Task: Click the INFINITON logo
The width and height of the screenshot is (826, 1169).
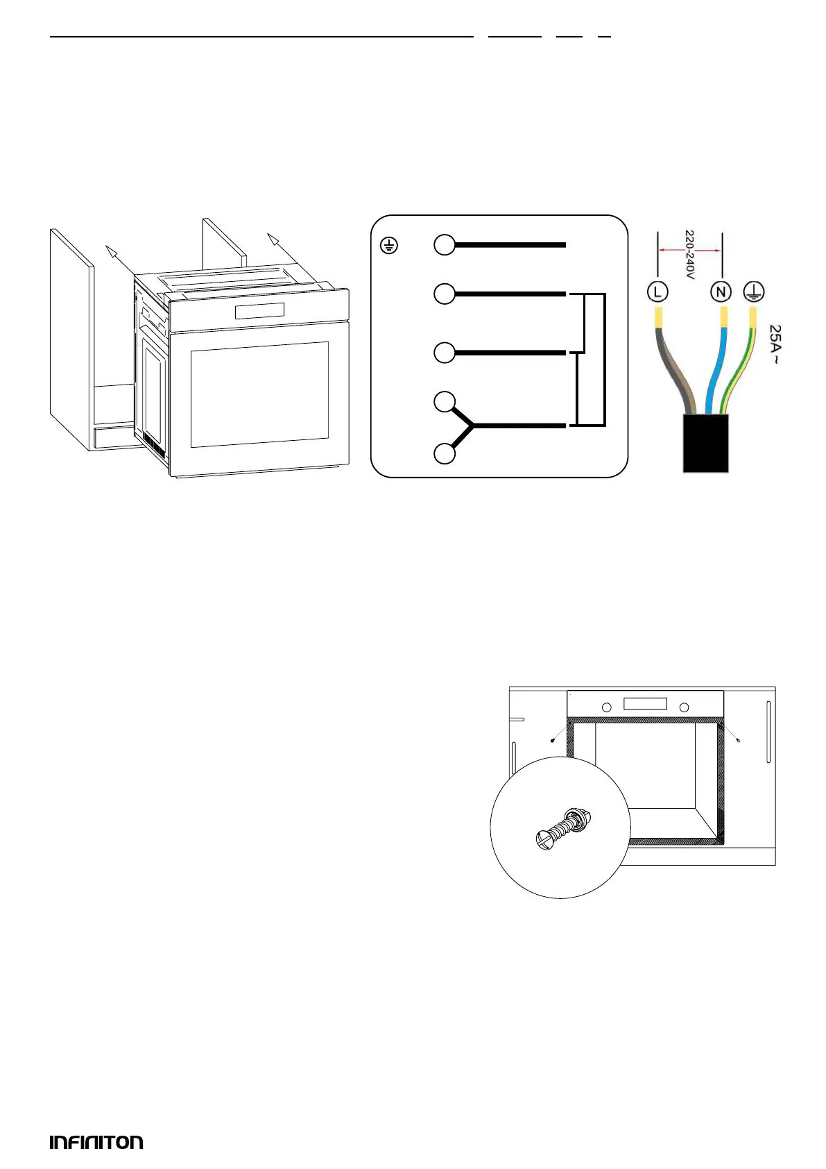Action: [x=96, y=1142]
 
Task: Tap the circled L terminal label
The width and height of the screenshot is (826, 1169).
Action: [x=657, y=291]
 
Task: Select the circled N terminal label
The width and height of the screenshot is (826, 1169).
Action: [x=721, y=292]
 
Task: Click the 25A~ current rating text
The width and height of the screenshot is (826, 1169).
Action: [x=776, y=345]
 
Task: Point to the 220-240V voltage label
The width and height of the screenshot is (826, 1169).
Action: [x=689, y=255]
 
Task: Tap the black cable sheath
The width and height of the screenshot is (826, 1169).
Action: [x=705, y=444]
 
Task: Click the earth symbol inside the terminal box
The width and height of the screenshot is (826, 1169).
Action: [x=390, y=246]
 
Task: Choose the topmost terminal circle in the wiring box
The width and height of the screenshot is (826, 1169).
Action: [x=445, y=245]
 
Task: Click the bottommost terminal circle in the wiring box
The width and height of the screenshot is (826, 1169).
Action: [x=445, y=453]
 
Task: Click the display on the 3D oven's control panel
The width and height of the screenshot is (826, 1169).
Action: [x=259, y=311]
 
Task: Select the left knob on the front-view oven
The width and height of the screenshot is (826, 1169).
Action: [x=607, y=707]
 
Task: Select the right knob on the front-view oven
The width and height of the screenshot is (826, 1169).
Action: [x=684, y=707]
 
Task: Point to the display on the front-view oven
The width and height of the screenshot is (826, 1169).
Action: [x=645, y=704]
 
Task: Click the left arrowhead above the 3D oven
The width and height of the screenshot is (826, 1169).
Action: [x=108, y=249]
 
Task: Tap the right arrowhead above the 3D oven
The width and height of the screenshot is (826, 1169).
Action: [x=273, y=239]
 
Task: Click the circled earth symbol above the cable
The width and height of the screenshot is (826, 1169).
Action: [x=754, y=292]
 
